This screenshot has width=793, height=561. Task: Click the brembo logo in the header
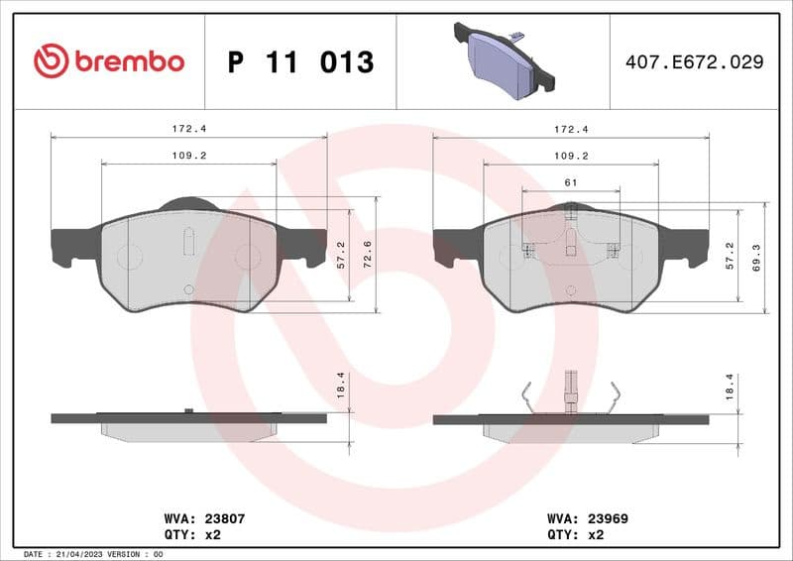[x=108, y=61]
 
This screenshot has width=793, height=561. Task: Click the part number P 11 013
[x=300, y=62]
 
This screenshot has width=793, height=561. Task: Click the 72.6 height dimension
[x=369, y=255]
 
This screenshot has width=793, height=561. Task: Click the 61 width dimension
[x=570, y=182]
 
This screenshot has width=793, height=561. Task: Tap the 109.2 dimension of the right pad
[x=570, y=156]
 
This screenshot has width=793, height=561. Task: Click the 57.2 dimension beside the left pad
[x=341, y=255]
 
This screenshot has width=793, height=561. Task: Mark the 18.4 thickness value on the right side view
[x=731, y=387]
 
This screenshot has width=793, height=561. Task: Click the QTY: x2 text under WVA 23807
[x=190, y=533]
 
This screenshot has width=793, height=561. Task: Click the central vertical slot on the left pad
[x=188, y=241]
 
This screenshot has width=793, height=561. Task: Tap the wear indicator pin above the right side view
[x=570, y=388]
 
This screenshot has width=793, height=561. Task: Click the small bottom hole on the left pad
[x=188, y=288]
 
